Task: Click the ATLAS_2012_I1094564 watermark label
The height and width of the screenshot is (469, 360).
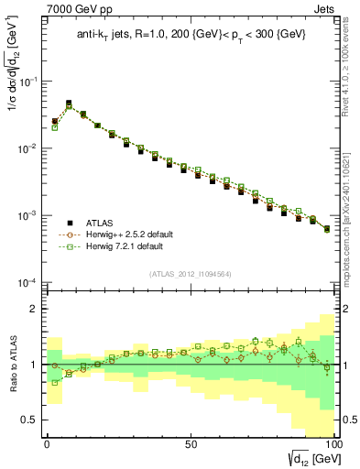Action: click(190, 273)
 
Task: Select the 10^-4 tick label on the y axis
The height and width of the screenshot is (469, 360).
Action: click(26, 282)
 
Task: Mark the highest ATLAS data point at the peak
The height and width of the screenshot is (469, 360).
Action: click(69, 104)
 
